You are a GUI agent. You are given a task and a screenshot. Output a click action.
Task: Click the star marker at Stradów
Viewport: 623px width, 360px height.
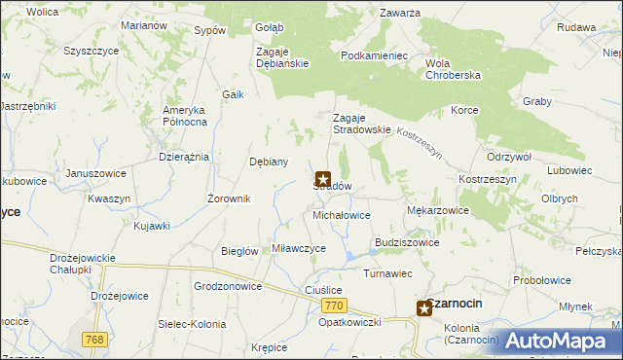(323, 180)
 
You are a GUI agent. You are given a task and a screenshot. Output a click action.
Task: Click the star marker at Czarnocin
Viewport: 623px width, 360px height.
(425, 309)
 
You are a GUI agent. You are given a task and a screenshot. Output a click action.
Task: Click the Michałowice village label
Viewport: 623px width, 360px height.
(341, 214)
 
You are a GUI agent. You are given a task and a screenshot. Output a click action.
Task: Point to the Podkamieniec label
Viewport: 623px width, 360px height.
(374, 55)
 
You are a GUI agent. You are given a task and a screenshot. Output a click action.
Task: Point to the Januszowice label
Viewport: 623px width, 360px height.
(95, 173)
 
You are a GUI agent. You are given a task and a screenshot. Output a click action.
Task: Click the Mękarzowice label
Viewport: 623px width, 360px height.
(437, 209)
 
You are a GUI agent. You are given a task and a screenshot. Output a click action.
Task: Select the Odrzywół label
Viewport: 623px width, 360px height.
(508, 157)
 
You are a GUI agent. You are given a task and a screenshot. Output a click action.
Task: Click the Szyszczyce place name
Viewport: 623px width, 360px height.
(92, 50)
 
